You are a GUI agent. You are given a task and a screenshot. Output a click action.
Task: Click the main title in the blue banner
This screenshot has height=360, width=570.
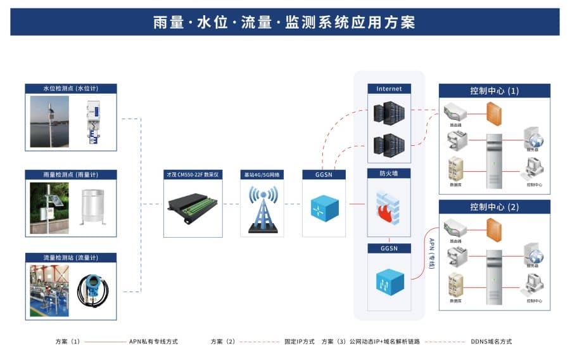[284, 22]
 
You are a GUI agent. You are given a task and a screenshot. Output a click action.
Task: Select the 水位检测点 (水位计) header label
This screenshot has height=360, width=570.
[70, 89]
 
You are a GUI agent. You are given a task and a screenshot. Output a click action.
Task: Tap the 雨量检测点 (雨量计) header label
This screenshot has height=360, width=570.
[70, 174]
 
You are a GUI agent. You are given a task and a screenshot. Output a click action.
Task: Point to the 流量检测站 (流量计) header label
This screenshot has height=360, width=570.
[70, 258]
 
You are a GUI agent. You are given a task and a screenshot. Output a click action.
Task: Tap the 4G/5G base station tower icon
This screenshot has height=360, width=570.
[262, 209]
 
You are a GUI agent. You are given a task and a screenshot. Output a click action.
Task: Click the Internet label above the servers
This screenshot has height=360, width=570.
[389, 89]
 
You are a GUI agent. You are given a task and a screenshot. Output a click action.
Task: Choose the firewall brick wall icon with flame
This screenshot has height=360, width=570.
[389, 205]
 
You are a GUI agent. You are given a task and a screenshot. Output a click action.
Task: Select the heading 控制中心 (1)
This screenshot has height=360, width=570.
[494, 91]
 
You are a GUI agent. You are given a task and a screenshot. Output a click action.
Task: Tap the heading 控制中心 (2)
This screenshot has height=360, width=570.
[494, 207]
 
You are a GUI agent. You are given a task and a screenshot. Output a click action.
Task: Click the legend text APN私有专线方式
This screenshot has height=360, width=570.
[153, 342]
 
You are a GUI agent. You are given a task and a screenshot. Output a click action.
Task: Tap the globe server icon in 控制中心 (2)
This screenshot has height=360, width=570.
[535, 255]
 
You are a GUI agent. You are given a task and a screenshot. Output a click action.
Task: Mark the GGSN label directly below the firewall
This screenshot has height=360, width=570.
[389, 248]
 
